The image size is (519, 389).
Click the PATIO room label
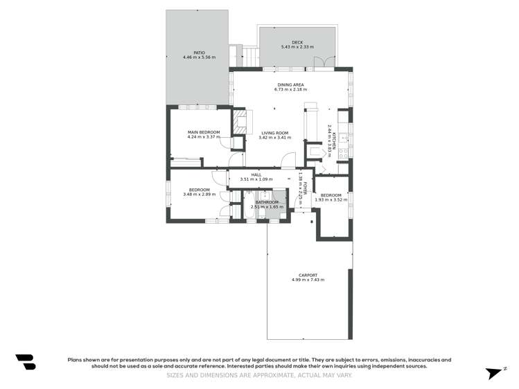click(199, 52)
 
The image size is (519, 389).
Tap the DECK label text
click(297, 42)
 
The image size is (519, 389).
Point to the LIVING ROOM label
click(274, 132)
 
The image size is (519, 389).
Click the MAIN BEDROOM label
click(204, 132)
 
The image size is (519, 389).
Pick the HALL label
click(256, 174)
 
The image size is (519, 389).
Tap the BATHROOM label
click(267, 202)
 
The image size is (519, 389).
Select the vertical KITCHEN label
click(334, 141)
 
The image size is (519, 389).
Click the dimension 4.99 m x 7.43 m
click(308, 280)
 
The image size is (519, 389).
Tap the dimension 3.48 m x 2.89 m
click(200, 194)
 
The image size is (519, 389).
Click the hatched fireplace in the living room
click(240, 123)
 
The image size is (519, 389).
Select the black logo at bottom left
click(26, 362)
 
